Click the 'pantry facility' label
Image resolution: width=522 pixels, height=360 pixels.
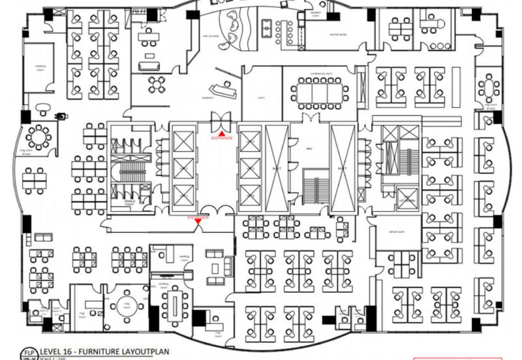tap(337, 34)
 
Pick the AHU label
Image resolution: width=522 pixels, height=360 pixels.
tap(307, 147)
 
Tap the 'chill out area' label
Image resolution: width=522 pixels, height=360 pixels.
tap(210, 37)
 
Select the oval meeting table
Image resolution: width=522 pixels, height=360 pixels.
tap(177, 303)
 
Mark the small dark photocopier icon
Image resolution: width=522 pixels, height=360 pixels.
tap(63, 115)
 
